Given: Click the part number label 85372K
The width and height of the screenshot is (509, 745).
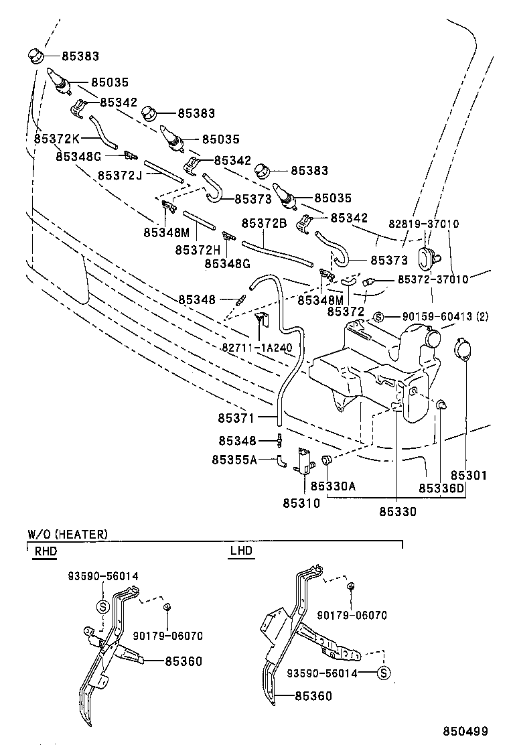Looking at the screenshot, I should (x=57, y=139).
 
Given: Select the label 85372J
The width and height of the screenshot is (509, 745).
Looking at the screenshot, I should (x=120, y=175).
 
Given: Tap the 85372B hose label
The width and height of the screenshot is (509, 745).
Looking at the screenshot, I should (x=264, y=223).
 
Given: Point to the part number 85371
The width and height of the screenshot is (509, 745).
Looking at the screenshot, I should (x=235, y=418).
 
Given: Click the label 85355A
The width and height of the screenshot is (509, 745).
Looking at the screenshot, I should (x=234, y=460).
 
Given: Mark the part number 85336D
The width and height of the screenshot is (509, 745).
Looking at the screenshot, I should (x=441, y=488).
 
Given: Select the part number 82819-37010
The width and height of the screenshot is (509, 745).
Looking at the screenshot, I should (x=424, y=224).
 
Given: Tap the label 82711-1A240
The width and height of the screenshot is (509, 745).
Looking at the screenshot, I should (x=257, y=348).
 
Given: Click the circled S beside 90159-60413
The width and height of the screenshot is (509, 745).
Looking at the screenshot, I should (x=378, y=317).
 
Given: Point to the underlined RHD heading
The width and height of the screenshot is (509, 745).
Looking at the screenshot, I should (x=45, y=551).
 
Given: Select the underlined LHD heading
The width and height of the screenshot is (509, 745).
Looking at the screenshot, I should (x=240, y=551).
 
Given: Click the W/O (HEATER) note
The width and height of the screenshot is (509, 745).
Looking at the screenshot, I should (x=66, y=534).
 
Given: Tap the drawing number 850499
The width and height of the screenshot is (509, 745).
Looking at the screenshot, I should (x=464, y=731).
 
